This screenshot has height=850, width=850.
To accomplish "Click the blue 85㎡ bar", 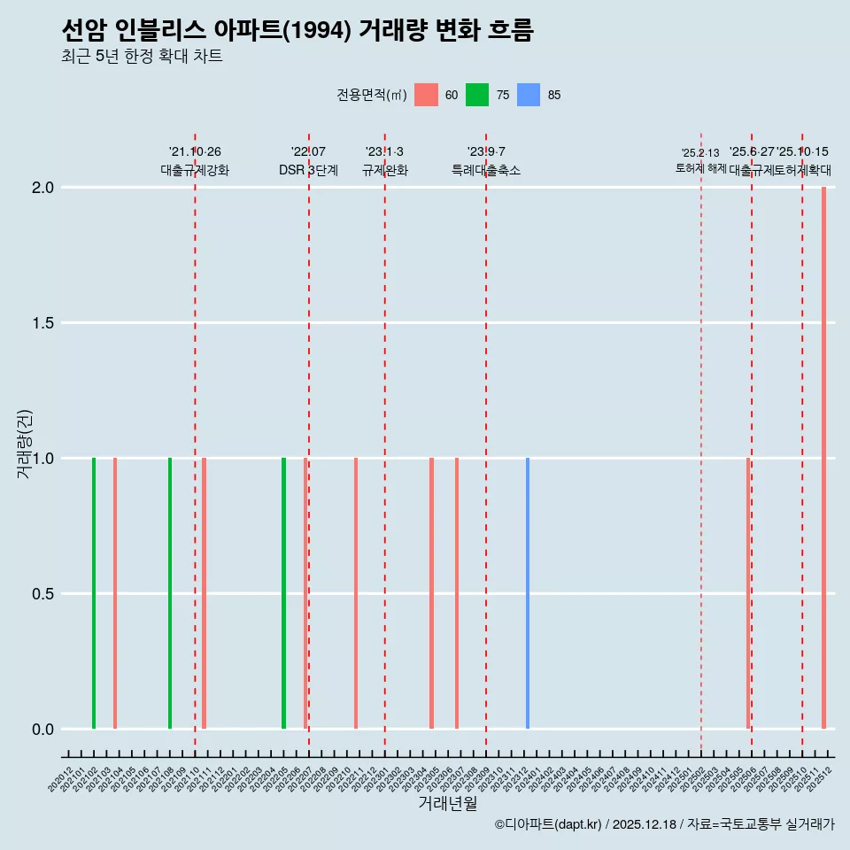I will point(528,593).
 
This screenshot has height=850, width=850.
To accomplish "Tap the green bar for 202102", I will point(94,593).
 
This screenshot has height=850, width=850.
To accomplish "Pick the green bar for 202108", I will point(170,593).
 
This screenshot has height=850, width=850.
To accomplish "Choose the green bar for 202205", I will point(283,593).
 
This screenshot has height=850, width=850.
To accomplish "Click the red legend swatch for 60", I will point(426,95).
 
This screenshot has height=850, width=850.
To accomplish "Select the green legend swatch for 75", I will point(477,95).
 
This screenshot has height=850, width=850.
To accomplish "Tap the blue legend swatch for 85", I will point(529,95).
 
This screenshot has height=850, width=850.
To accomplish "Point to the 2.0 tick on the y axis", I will point(44,188).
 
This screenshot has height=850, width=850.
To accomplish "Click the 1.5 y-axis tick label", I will point(44,323).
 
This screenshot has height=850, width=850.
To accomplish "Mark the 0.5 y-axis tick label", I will point(44,594).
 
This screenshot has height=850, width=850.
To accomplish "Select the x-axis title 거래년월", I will point(447,804).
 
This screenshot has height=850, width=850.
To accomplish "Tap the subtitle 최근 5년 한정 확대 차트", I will point(142,57).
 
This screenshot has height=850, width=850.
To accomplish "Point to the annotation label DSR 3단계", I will point(308,171).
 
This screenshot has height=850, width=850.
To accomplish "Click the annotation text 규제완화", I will point(385,171).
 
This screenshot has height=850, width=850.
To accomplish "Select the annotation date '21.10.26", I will point(195,152).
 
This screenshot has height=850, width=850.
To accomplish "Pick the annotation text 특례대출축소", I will point(486,171).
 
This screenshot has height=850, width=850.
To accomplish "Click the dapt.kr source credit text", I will point(664,824).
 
